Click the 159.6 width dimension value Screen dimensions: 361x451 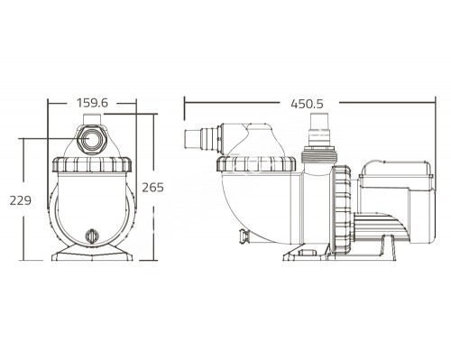(x=93, y=104)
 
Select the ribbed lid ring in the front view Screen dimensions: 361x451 (x=93, y=166)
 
